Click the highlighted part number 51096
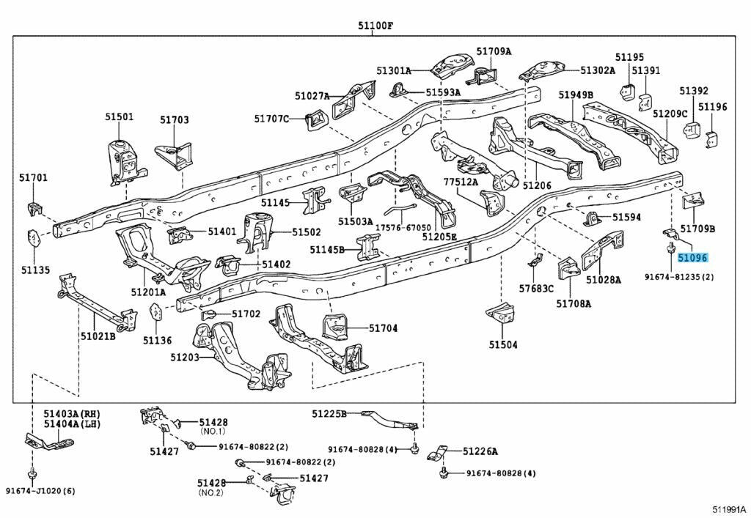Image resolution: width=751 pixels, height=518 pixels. pos(692,258)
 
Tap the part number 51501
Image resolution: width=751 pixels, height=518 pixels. pos(119,116)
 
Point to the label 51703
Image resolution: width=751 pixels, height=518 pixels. pos(175,119)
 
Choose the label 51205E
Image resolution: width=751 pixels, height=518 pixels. pos(439,237)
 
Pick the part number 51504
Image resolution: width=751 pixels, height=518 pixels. pos(503,344)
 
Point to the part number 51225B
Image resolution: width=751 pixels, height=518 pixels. pos(329,414)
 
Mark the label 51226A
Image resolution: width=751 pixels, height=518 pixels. pos(480,451)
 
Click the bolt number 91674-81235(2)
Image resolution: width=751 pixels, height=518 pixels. pos(680,278)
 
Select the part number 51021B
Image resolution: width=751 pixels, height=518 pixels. pos(98,336)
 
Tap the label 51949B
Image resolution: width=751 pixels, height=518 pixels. pos(575,95)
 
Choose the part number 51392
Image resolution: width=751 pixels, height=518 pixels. pos(693,91)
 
